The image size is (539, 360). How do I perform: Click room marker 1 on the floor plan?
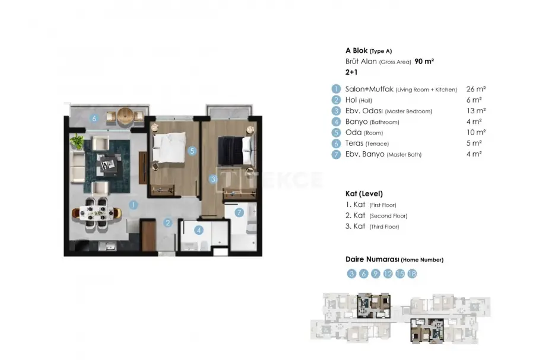coord(134,205)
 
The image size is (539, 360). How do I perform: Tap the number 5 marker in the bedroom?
coord(192,151)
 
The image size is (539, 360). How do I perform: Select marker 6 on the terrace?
coord(94,119)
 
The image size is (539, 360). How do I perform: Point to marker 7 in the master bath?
coord(239,213)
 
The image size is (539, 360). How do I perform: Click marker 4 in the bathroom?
coord(199,230)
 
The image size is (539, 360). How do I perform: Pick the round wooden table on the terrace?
coord(125,116)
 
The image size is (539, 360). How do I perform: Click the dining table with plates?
coord(97,213)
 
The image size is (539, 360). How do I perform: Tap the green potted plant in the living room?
coord(77,141)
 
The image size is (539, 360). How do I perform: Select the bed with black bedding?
coord(236,151)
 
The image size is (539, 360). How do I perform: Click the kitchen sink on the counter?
coord(107,246)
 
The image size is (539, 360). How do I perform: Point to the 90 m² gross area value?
coord(424,62)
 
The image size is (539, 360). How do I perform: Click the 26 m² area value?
coord(475,89)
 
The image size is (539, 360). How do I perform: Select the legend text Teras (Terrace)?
coord(367,144)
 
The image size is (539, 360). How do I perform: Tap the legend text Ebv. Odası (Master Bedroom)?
coord(389,111)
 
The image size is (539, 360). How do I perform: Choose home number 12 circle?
coord(388,273)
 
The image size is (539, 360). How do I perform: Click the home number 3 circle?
coord(351,273)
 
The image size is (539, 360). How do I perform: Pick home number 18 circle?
coord(412,273)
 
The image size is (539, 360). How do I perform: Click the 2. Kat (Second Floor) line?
coord(376,215)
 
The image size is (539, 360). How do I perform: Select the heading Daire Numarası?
coord(372,259)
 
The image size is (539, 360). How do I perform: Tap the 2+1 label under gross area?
coord(351,72)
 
